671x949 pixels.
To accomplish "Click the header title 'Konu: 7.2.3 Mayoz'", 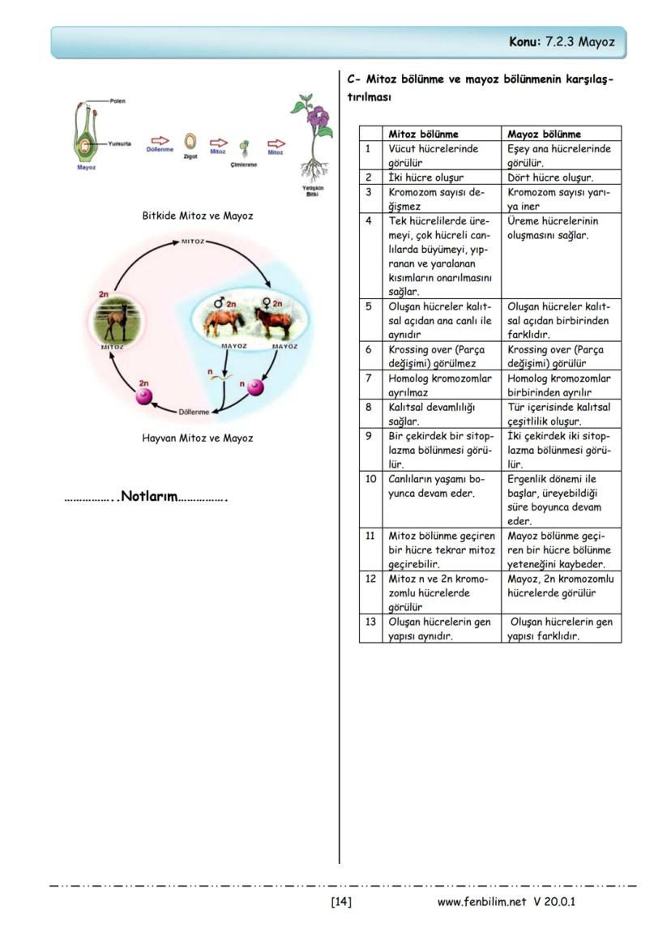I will pyautogui.click(x=561, y=41).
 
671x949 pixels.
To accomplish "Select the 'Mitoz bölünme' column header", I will pyautogui.click(x=423, y=134).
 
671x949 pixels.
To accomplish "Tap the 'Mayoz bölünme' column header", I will pyautogui.click(x=544, y=134).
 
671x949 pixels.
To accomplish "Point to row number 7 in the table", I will pyautogui.click(x=369, y=378).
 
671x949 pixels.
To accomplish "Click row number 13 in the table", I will pyautogui.click(x=370, y=622).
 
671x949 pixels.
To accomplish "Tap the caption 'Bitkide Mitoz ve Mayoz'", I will pyautogui.click(x=197, y=216).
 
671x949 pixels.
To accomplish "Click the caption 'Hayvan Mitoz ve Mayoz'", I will pyautogui.click(x=197, y=438).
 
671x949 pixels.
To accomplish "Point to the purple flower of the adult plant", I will pyautogui.click(x=318, y=122).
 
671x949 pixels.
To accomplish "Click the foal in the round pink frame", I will pyautogui.click(x=116, y=321).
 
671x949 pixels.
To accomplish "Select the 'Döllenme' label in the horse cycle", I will pyautogui.click(x=194, y=412).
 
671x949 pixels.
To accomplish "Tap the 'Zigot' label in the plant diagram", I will pyautogui.click(x=190, y=156).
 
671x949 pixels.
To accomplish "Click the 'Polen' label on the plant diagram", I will pyautogui.click(x=118, y=100).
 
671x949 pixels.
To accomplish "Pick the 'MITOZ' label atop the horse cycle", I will pyautogui.click(x=194, y=242).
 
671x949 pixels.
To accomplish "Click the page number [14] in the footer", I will pyautogui.click(x=340, y=901).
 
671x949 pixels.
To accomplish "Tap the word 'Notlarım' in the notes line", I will pyautogui.click(x=148, y=497).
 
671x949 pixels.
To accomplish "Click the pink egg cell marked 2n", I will pyautogui.click(x=144, y=395).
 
